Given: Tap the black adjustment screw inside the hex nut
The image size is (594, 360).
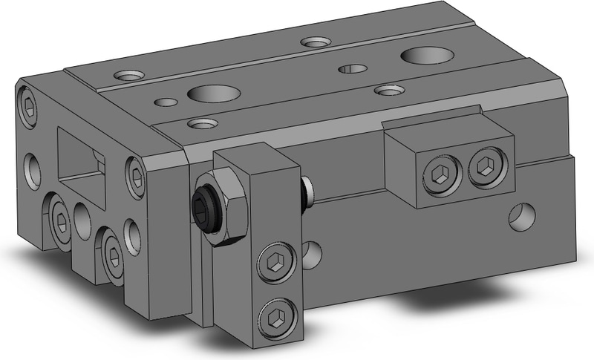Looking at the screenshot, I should [206, 201].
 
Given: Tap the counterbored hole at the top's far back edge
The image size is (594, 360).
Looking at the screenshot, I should [316, 41].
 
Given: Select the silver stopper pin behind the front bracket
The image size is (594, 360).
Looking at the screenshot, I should [307, 192].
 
